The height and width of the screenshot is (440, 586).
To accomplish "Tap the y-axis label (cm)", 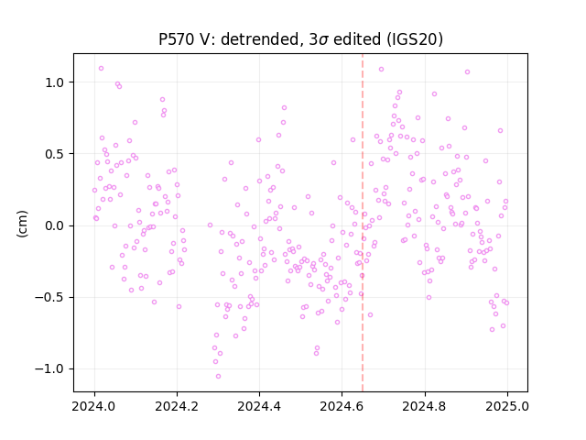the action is [22, 224].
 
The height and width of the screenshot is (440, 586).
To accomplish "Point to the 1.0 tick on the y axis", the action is [55, 82].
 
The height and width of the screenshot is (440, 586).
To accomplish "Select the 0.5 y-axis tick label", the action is [55, 154].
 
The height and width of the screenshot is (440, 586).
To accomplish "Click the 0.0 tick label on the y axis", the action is [55, 226].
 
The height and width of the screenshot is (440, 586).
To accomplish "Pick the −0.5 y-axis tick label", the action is [50, 298].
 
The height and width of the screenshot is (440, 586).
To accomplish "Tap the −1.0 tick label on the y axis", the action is [50, 369].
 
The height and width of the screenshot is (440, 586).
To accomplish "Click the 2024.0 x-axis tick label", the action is [94, 406].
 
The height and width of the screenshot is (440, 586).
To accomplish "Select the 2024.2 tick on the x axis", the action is [177, 406].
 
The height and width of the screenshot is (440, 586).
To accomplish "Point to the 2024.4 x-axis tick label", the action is [259, 406].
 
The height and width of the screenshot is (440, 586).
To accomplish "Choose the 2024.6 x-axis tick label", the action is [342, 406].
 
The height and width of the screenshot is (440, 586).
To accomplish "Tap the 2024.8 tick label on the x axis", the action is [425, 406].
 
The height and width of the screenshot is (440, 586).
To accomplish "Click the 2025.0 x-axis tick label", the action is [507, 406].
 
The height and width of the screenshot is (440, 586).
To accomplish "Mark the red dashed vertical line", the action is [363, 223].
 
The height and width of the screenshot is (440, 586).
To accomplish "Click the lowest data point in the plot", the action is [218, 377].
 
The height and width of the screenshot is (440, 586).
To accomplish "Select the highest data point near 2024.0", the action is [101, 69].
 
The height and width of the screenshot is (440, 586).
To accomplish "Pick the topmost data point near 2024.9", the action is [467, 71].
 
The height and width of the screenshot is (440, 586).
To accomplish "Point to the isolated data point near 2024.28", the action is [210, 225].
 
